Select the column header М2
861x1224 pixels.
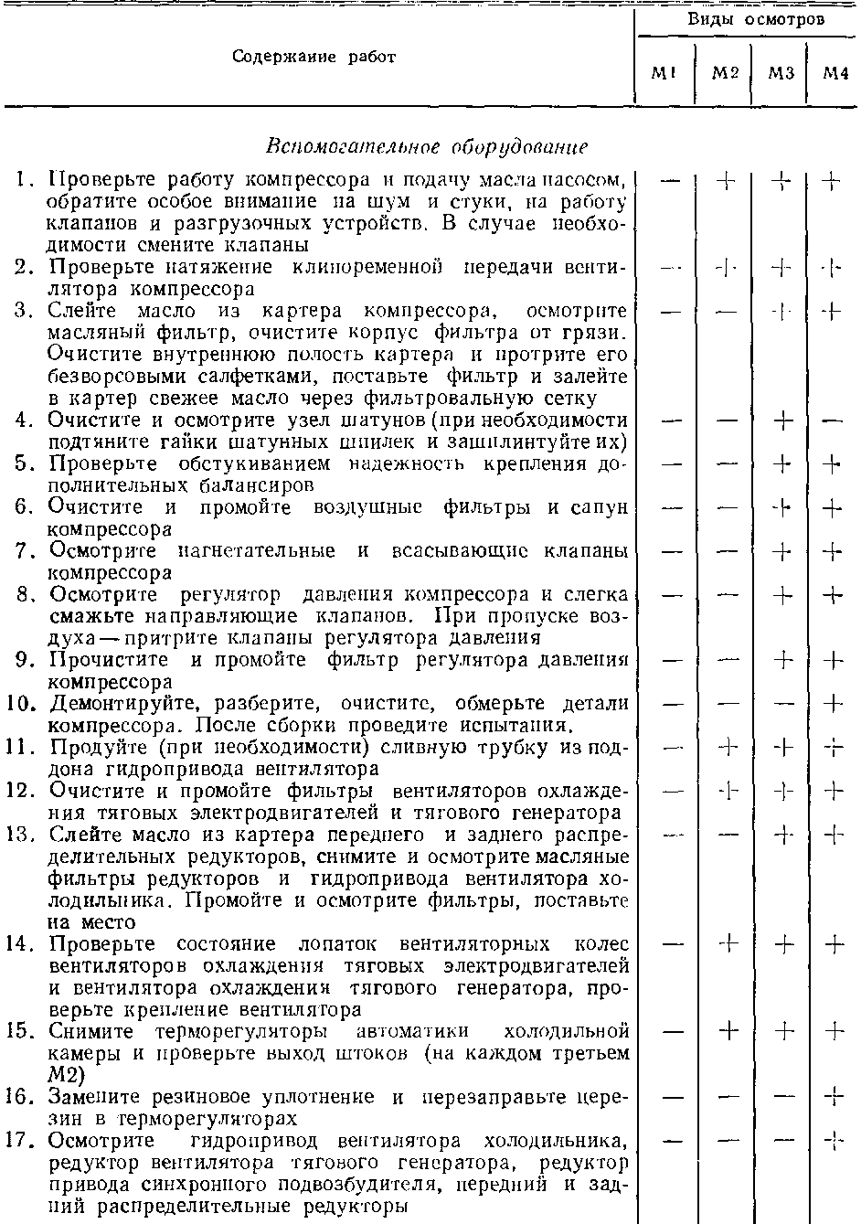pyautogui.click(x=725, y=73)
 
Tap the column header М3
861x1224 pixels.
pyautogui.click(x=781, y=73)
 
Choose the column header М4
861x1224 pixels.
pyautogui.click(x=835, y=73)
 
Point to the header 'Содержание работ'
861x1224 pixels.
pyautogui.click(x=314, y=57)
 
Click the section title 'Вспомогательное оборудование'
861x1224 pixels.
pyautogui.click(x=426, y=146)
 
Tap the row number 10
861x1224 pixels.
pyautogui.click(x=24, y=704)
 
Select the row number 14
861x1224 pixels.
pyautogui.click(x=24, y=944)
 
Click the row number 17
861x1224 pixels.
pyautogui.click(x=24, y=1141)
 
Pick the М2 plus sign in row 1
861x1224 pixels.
pyautogui.click(x=727, y=181)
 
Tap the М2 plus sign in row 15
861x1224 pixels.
pyautogui.click(x=728, y=1031)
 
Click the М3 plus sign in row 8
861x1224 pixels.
pyautogui.click(x=782, y=595)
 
